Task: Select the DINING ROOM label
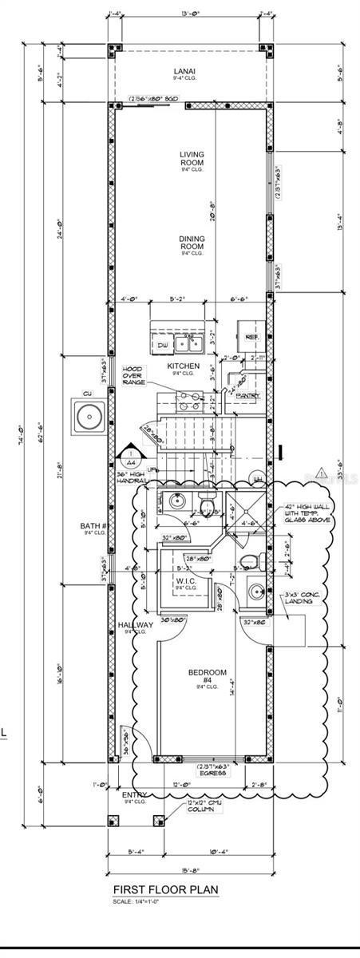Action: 192,242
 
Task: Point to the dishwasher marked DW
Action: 162,345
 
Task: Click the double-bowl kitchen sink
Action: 189,343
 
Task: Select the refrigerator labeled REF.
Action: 251,338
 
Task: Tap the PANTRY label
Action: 247,395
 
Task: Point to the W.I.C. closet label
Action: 186,580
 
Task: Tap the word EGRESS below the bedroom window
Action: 215,773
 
